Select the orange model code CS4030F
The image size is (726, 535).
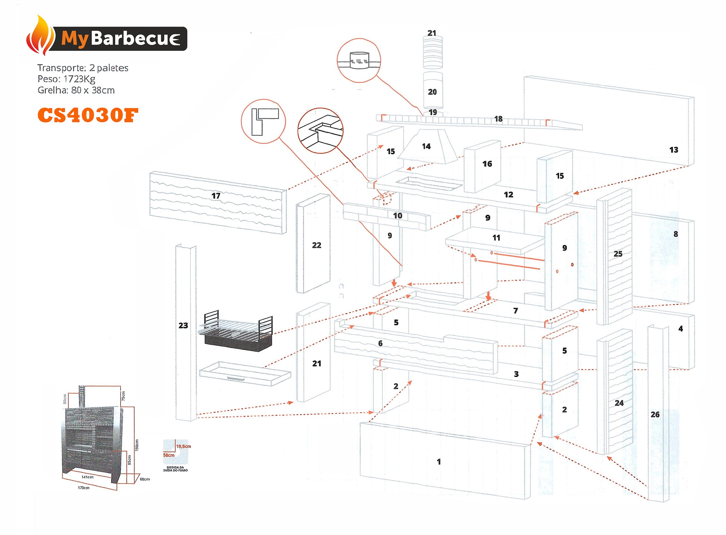88,115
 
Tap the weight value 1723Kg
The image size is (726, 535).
79,79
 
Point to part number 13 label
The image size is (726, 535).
674,150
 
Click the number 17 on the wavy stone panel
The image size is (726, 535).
216,196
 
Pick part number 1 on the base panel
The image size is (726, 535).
438,462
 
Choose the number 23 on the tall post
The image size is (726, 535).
183,326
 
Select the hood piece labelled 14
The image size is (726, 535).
426,146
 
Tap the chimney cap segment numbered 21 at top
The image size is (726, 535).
432,33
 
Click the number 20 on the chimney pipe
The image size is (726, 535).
432,92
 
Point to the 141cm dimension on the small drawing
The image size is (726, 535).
87,477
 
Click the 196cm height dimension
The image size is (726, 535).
137,445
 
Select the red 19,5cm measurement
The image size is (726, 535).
184,446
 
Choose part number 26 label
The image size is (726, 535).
655,414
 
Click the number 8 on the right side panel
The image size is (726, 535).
676,234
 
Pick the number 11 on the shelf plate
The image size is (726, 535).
496,238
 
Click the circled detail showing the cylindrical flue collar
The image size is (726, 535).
359,61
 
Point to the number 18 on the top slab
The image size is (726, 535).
498,119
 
